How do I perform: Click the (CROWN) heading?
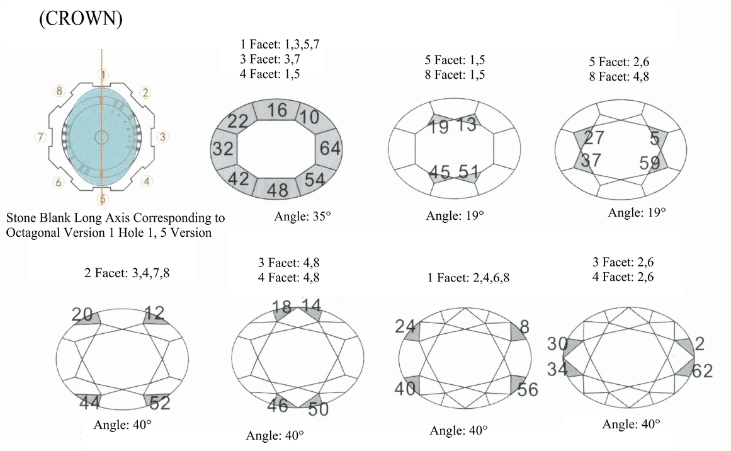click(x=81, y=20)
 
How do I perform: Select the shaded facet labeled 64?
click(x=330, y=149)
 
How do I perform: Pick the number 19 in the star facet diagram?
click(x=440, y=127)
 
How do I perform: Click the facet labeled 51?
click(x=468, y=171)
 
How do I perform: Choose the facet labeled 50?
click(x=318, y=409)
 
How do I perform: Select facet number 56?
click(x=528, y=389)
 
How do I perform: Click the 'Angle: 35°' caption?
click(x=302, y=216)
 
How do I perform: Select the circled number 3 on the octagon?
click(x=162, y=135)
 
